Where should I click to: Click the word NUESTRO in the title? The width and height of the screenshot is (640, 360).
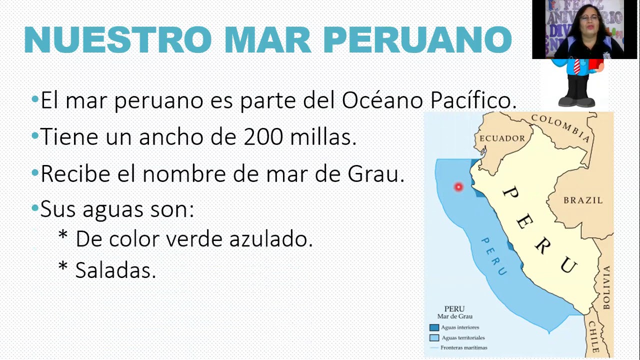click(x=118, y=39)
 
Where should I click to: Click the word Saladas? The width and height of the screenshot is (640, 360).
click(x=115, y=270)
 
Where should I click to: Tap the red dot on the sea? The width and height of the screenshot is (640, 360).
click(x=458, y=187)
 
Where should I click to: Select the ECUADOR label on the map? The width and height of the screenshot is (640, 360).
click(x=502, y=138)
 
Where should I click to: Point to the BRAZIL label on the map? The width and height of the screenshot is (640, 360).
click(x=583, y=200)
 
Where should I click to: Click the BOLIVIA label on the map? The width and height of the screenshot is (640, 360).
click(x=606, y=287)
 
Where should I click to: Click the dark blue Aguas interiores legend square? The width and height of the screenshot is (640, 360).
click(x=434, y=327)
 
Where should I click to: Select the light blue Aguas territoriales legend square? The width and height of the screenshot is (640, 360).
click(x=434, y=338)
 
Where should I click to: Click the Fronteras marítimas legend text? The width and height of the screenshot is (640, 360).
click(x=464, y=347)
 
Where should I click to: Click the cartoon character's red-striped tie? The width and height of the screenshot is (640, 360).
click(x=577, y=66)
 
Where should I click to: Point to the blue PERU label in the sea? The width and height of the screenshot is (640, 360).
click(x=494, y=256)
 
